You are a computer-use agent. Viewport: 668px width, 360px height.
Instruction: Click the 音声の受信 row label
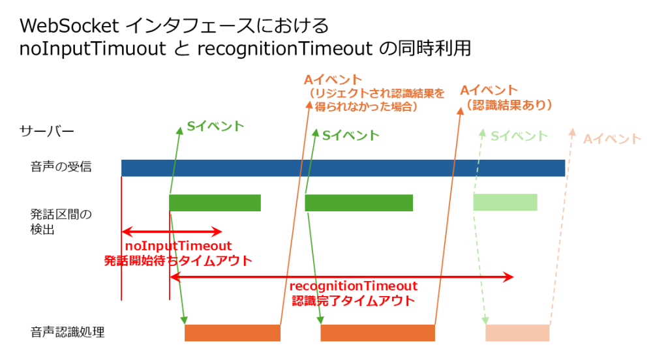click(61, 167)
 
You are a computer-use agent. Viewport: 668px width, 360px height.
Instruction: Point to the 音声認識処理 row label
click(67, 333)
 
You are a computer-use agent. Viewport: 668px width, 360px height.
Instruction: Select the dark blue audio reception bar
click(342, 168)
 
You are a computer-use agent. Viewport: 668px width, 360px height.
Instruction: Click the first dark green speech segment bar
click(215, 203)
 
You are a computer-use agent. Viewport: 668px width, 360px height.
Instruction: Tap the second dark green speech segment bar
click(359, 203)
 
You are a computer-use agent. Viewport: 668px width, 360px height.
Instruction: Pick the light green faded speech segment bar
click(505, 202)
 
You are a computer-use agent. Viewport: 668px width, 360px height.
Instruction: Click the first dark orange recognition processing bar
click(232, 333)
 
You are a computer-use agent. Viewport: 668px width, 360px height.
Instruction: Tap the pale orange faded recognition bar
click(517, 333)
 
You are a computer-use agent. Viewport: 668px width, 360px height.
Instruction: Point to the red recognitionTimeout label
click(353, 286)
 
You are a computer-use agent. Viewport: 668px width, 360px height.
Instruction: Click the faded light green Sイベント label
click(519, 136)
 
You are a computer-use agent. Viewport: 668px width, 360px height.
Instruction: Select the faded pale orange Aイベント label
click(612, 138)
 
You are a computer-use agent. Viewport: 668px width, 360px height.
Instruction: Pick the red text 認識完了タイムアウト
click(353, 301)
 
